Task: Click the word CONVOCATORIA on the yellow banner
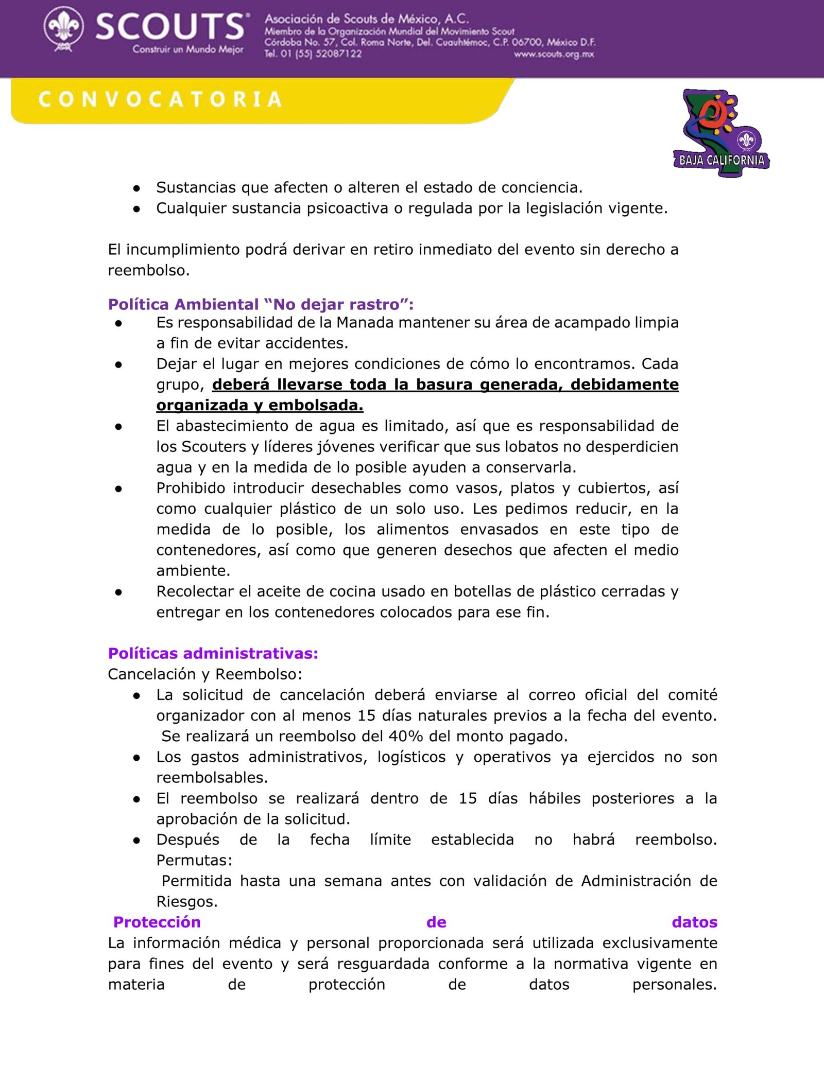coord(160,99)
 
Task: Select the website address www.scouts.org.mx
coord(554,54)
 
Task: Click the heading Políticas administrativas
coord(213,653)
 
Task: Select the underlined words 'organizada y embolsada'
coord(260,405)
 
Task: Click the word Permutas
coord(194,860)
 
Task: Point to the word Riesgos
coord(187,901)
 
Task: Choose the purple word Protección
coord(157,922)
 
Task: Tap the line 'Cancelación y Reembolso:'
coord(205,674)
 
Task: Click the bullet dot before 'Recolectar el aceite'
coord(118,592)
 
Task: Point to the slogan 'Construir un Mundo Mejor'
coord(188,50)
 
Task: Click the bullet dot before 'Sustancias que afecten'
coord(136,188)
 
